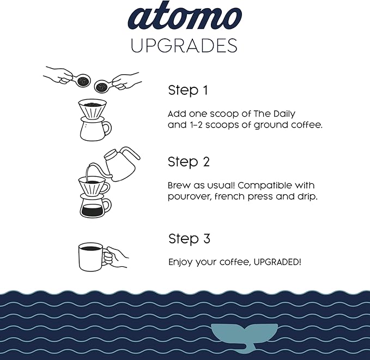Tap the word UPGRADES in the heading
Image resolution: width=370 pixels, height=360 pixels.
point(184,46)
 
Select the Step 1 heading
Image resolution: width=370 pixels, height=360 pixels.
point(188,91)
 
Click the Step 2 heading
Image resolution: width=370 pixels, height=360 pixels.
point(189,163)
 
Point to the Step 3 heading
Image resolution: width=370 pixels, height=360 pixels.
point(189,239)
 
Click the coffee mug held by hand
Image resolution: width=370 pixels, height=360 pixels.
point(91,257)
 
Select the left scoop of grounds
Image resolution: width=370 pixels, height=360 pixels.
point(83,81)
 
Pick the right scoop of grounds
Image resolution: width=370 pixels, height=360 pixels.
point(102,86)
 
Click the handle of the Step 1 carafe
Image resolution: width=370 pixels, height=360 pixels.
point(107,128)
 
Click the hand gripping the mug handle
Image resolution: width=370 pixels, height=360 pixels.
point(116,257)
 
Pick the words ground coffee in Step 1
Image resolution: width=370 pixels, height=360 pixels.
point(288,125)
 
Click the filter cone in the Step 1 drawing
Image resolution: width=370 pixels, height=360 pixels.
point(93,109)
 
